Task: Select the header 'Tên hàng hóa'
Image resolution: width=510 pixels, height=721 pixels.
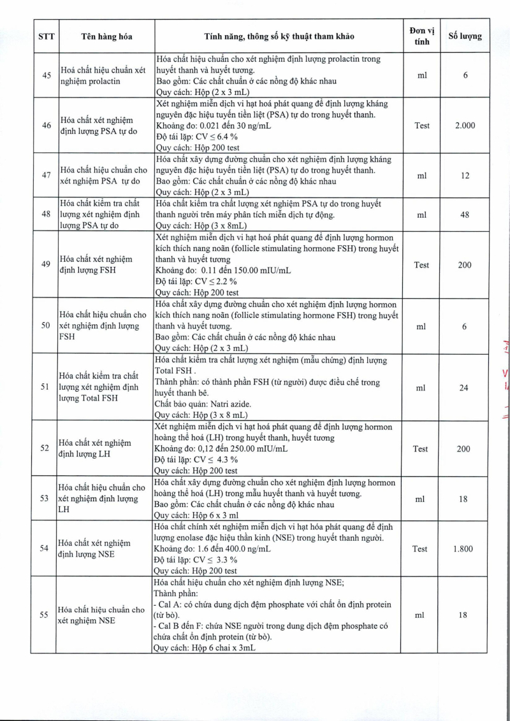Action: click(x=106, y=36)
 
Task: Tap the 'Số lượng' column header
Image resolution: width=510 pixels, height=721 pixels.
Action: click(x=465, y=36)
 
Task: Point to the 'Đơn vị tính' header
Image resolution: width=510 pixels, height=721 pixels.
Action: click(x=421, y=36)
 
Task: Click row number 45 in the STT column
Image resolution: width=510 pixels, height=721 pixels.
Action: click(x=47, y=75)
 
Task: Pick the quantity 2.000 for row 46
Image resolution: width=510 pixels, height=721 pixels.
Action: click(x=465, y=125)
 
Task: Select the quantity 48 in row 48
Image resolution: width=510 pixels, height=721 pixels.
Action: click(x=465, y=215)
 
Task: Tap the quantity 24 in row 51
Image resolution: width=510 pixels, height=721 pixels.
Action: click(x=465, y=387)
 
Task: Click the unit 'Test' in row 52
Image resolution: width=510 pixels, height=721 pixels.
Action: click(x=420, y=449)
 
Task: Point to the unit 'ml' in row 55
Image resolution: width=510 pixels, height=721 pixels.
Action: click(x=420, y=615)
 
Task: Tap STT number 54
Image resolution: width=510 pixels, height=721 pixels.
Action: click(x=47, y=548)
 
